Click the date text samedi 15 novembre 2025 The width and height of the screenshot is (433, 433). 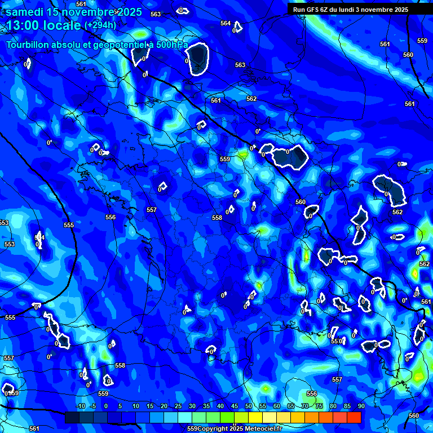[x=73, y=11]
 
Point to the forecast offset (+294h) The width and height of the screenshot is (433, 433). [x=100, y=25]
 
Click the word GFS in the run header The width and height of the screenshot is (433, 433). [x=313, y=10]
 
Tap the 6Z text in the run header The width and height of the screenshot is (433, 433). [x=325, y=10]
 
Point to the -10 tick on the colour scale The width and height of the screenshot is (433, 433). [x=80, y=406]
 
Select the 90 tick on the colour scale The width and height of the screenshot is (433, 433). [x=361, y=406]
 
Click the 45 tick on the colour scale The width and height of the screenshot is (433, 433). [x=234, y=406]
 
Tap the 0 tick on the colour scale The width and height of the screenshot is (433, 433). [x=106, y=406]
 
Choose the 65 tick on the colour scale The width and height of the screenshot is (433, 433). [x=290, y=406]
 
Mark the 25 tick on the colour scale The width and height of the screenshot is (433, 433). [x=178, y=406]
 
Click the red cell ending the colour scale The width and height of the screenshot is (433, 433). [x=354, y=417]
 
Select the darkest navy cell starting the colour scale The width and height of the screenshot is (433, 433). [x=72, y=417]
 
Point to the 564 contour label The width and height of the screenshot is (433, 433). [x=226, y=23]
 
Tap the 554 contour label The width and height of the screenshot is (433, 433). [x=39, y=237]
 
